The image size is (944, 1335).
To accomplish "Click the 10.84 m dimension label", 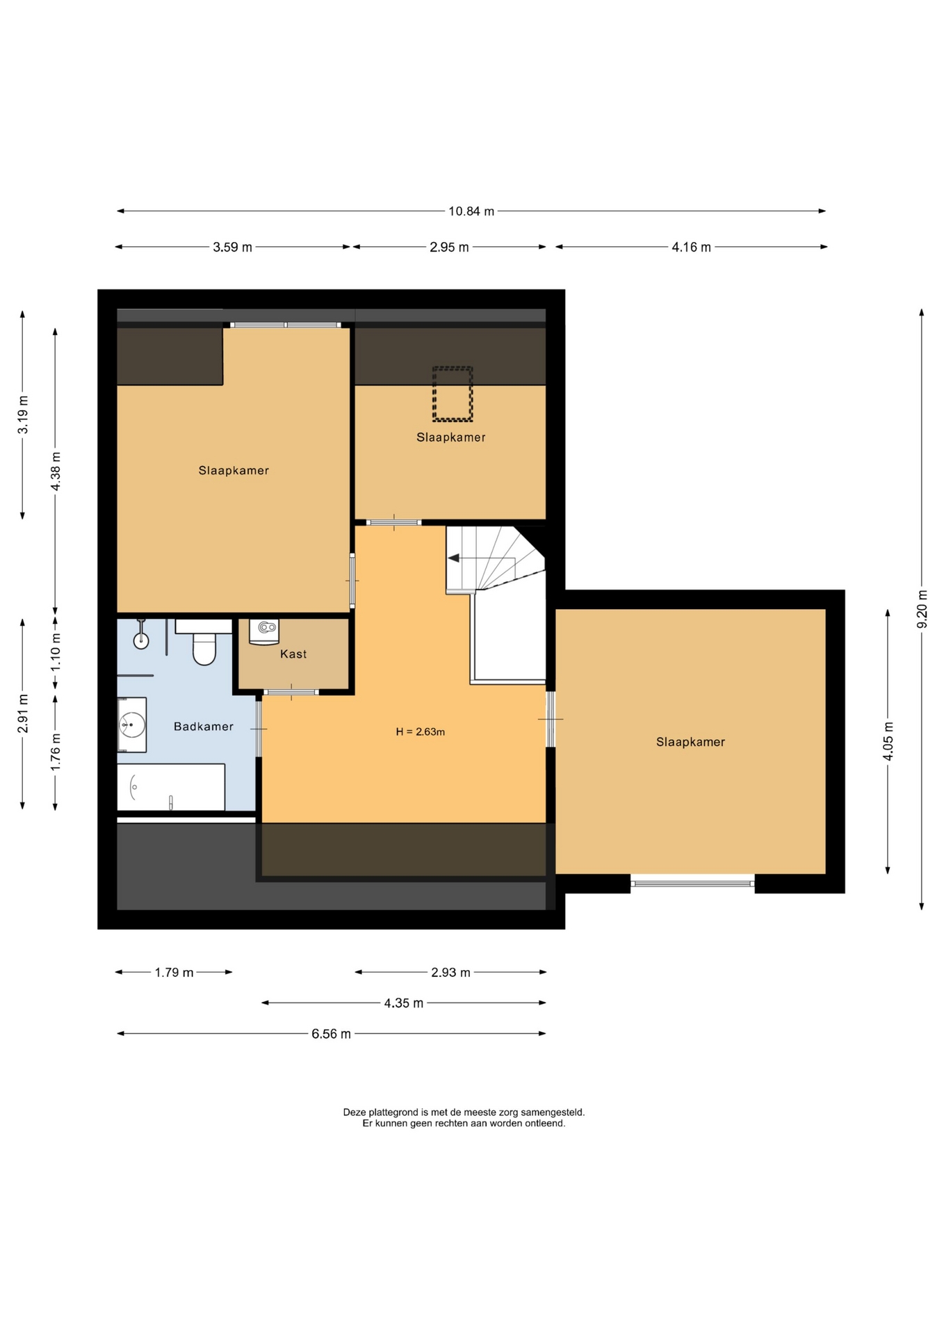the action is (471, 211).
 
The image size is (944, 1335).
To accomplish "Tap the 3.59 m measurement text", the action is (232, 247).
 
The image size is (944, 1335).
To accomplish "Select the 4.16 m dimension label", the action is (691, 247).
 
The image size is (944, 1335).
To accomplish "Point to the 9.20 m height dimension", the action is (922, 609).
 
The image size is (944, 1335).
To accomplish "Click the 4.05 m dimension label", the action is (888, 741).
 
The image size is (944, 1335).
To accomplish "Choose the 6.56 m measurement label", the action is (331, 1034).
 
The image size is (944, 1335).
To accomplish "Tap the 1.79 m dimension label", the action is (174, 973).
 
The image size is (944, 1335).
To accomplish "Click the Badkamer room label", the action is (204, 727).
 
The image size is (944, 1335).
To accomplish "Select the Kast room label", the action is (293, 654).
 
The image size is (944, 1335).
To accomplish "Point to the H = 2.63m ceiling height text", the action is (421, 731).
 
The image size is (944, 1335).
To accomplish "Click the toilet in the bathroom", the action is (204, 642).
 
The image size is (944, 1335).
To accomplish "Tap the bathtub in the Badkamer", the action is (171, 787).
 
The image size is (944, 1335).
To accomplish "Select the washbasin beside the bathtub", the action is (131, 725).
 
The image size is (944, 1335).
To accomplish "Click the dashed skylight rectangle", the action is (453, 394).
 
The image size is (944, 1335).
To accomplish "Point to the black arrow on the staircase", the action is (454, 558).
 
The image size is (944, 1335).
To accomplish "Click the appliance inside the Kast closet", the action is (264, 631).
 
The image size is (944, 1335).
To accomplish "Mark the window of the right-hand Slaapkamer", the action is (692, 883).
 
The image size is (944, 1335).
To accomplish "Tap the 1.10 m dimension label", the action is (56, 651).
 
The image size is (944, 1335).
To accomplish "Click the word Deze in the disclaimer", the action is (354, 1112).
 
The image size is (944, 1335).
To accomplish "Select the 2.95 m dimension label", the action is (449, 247).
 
